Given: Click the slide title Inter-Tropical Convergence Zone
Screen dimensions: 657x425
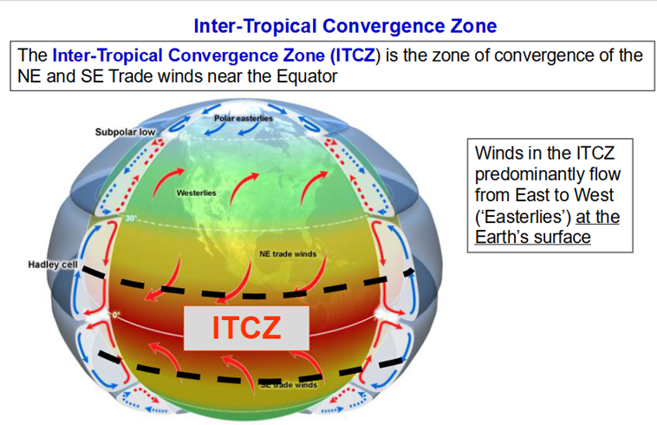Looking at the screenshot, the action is coord(345,26).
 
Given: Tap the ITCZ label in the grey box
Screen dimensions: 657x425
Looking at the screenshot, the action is coord(246,328).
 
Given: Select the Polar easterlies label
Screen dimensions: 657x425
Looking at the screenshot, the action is coord(244,119).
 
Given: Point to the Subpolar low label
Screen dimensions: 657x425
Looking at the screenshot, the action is coord(125,132).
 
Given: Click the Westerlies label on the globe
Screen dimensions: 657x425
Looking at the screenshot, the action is coord(196,193).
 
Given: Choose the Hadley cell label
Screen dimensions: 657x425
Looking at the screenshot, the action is coord(53,265).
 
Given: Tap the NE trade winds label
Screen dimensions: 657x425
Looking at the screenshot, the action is coord(288,254).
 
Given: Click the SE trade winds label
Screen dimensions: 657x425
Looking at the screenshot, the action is coord(289,385).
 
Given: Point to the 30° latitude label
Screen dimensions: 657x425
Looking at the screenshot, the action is coord(131,218).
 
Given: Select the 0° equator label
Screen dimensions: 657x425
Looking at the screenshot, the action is coord(115,314).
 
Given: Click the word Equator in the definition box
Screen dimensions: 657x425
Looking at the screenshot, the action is coord(307,76).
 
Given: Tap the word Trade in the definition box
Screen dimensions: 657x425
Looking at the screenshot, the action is coord(128,76).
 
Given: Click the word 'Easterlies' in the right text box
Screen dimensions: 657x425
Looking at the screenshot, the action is coord(524,217).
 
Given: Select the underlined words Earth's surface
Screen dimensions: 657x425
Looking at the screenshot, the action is coord(532,237).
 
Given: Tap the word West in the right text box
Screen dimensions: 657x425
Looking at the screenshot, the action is coord(594,195).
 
